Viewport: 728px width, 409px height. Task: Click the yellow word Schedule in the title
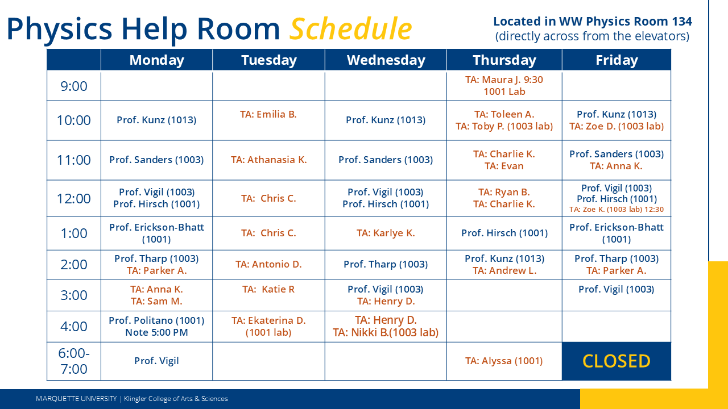point(350,28)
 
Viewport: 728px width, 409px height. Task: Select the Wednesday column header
point(386,60)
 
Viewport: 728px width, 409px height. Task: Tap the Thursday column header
point(504,60)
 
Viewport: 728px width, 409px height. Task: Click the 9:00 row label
point(74,86)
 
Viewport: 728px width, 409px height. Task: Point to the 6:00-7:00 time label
point(74,361)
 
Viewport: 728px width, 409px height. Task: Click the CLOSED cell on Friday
point(617,361)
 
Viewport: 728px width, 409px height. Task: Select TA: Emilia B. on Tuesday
point(268,114)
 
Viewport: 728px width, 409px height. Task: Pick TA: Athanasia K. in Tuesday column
point(268,160)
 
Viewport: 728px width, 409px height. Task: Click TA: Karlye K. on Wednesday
point(386,233)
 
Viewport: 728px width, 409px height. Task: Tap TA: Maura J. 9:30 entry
point(504,80)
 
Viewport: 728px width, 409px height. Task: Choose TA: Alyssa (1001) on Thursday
point(504,361)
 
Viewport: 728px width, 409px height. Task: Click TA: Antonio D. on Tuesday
point(268,264)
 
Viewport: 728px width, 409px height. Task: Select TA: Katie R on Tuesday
point(268,289)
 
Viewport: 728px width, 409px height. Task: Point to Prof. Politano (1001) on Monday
point(156,320)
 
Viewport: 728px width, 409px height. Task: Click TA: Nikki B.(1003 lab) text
point(386,333)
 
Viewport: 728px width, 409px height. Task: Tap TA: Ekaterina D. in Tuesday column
point(268,320)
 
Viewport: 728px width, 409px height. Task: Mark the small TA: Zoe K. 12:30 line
point(617,210)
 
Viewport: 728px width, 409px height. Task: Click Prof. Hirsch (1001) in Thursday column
point(504,233)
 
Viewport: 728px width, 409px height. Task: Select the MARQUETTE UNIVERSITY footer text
point(76,399)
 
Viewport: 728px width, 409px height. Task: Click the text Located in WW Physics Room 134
point(592,22)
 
